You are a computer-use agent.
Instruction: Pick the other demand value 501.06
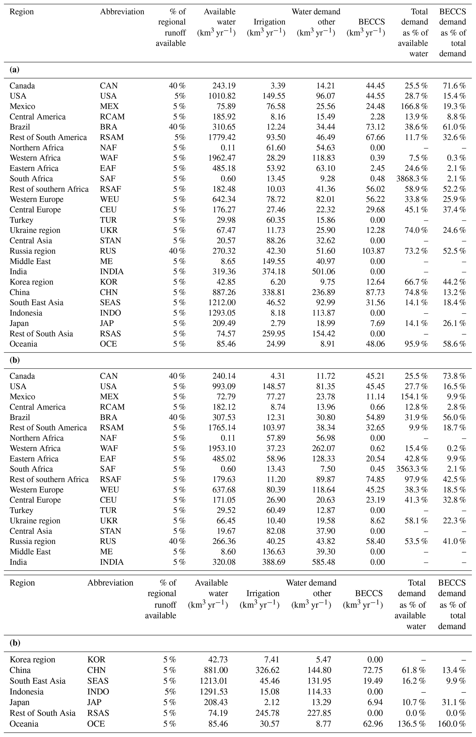pyautogui.click(x=323, y=272)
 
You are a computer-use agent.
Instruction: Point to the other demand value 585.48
pyautogui.click(x=323, y=562)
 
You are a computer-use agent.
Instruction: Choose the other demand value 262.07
pyautogui.click(x=323, y=448)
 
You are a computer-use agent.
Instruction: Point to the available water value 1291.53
pyautogui.click(x=214, y=692)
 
